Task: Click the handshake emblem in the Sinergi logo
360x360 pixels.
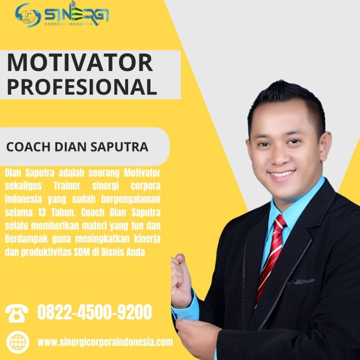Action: point(27,15)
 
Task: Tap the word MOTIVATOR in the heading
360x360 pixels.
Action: point(80,63)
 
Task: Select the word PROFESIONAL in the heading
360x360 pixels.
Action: point(82,87)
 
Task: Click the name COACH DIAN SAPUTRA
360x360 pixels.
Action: point(77,147)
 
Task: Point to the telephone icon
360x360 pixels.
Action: point(17,313)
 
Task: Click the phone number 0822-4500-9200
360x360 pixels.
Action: point(95,312)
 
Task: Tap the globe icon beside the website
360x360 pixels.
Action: point(18,342)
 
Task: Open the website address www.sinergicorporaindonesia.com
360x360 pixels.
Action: point(105,342)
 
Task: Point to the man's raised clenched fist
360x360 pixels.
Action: point(181,281)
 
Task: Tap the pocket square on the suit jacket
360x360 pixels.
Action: point(301,281)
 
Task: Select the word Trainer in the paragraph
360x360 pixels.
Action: point(67,186)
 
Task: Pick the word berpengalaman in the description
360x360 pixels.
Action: point(131,200)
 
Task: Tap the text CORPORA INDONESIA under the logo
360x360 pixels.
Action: point(69,24)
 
